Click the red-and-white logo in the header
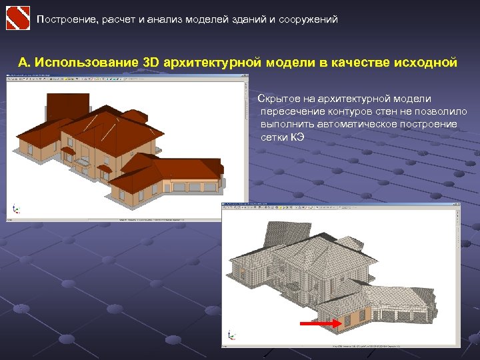click(17, 19)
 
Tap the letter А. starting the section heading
click(24, 63)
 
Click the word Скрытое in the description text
click(277, 99)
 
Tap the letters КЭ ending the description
click(297, 137)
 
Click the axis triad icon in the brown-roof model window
click(16, 209)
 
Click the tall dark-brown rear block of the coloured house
click(67, 106)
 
